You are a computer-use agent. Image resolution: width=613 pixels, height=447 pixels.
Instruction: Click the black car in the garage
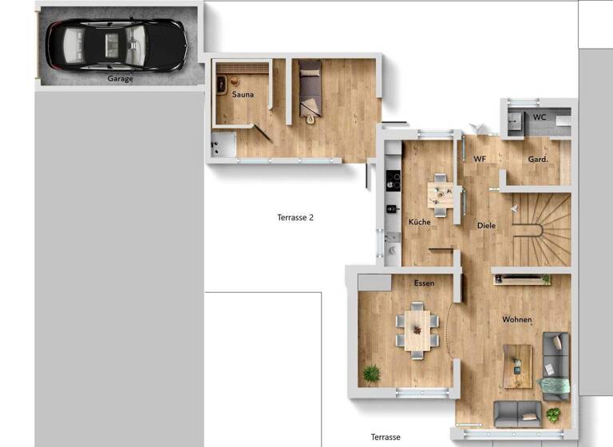(x=116, y=44)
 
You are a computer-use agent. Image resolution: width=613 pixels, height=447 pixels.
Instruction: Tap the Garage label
(x=121, y=79)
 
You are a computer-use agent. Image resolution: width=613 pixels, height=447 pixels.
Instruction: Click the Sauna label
(x=243, y=95)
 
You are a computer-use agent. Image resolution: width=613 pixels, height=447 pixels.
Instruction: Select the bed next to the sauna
(x=310, y=89)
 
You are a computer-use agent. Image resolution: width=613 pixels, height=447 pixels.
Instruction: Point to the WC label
(x=540, y=117)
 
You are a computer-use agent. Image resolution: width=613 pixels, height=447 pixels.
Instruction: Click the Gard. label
(x=537, y=160)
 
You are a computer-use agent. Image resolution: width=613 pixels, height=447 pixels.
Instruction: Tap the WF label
(x=480, y=160)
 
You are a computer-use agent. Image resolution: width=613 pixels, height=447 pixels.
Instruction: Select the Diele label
(x=486, y=226)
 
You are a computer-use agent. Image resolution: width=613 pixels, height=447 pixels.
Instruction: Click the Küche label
(x=420, y=222)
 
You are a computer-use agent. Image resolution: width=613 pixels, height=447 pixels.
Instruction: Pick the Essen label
(x=424, y=283)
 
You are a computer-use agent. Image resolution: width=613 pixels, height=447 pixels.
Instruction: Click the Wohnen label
(x=516, y=320)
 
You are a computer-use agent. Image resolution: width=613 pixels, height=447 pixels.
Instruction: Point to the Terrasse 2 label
(x=295, y=217)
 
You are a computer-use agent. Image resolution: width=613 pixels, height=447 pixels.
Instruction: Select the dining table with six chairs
(x=417, y=330)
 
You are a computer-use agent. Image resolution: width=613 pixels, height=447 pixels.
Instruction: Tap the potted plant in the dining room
(x=371, y=373)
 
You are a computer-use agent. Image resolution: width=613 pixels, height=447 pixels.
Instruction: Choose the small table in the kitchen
(x=440, y=193)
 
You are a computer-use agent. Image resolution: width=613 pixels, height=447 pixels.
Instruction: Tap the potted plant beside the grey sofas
(x=552, y=414)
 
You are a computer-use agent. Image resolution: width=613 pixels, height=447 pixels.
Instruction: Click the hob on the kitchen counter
(x=393, y=178)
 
